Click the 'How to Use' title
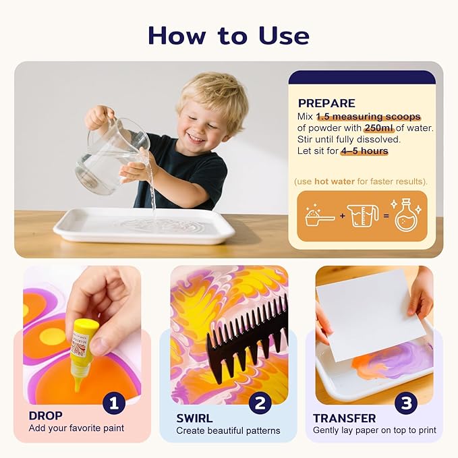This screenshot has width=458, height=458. (x=229, y=34)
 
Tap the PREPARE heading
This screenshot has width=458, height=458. (x=326, y=103)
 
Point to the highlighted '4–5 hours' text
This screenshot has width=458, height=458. (x=364, y=151)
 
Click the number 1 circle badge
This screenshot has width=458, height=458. (x=114, y=403)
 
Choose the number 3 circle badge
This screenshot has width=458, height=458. (x=406, y=403)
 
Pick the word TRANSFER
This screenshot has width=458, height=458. (x=345, y=418)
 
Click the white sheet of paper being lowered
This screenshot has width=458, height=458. (x=370, y=314)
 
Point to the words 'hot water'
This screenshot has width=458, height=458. (x=335, y=181)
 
